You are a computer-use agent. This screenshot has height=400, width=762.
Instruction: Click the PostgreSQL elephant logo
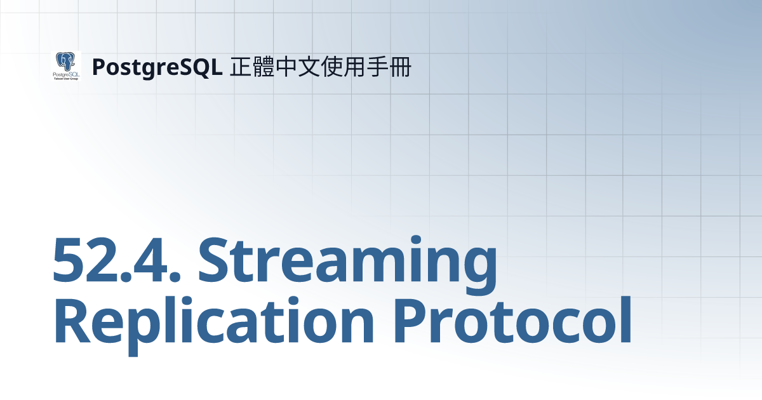pos(65,65)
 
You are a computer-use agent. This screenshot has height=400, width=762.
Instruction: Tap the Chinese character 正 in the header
pos(240,67)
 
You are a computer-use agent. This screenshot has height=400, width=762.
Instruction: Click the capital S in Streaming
pos(215,260)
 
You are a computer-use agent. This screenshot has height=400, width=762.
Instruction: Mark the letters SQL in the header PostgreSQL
pos(203,67)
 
